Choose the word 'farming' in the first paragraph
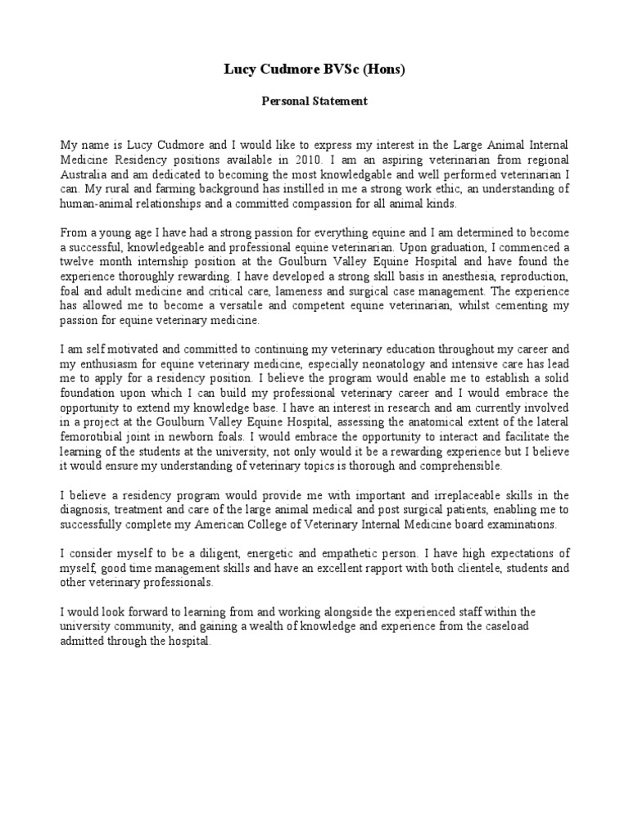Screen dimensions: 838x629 click(165, 189)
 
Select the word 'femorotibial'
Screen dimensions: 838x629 click(97, 436)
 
